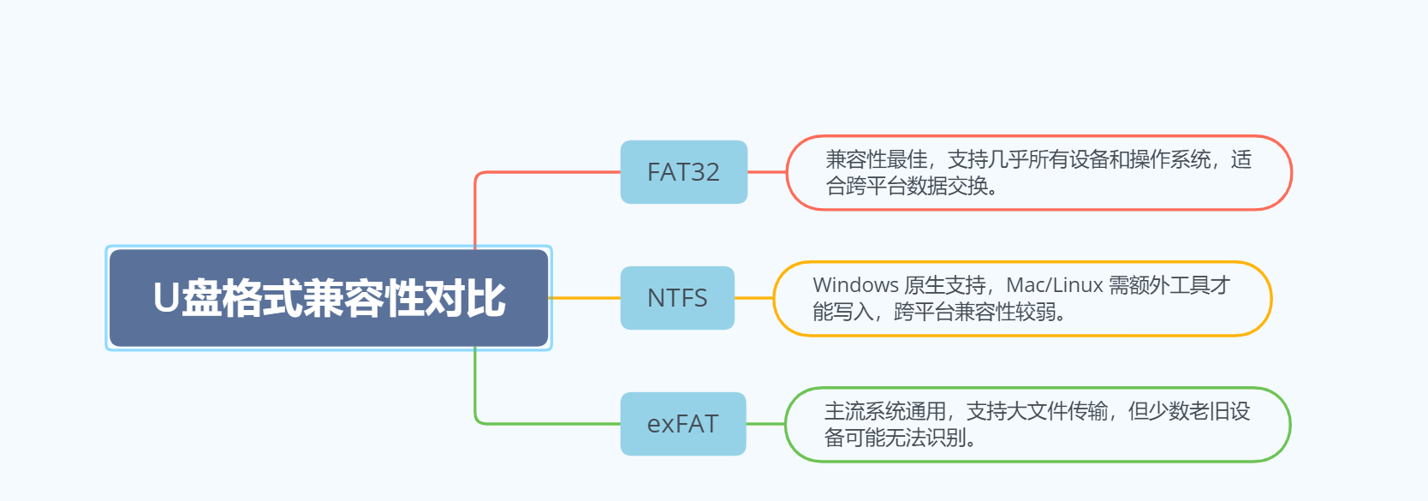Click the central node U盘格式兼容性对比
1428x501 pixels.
pos(329,298)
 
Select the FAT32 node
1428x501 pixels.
pos(683,172)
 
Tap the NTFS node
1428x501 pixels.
pos(677,298)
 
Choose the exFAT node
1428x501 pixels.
pos(682,424)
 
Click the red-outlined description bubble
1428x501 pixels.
pos(1038,172)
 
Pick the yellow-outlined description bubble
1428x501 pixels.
pos(1022,298)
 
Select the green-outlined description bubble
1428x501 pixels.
pos(1037,424)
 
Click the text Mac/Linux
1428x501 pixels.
pos(1054,285)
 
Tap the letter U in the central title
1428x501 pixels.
pos(166,299)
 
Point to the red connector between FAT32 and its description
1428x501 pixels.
pos(767,172)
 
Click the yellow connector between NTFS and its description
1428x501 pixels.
pos(754,298)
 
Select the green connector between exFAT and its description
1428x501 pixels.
pos(765,424)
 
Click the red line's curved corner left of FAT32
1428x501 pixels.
pos(478,175)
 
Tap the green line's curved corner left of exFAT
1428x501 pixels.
pos(478,420)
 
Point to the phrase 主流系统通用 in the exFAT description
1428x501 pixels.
pos(884,411)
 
